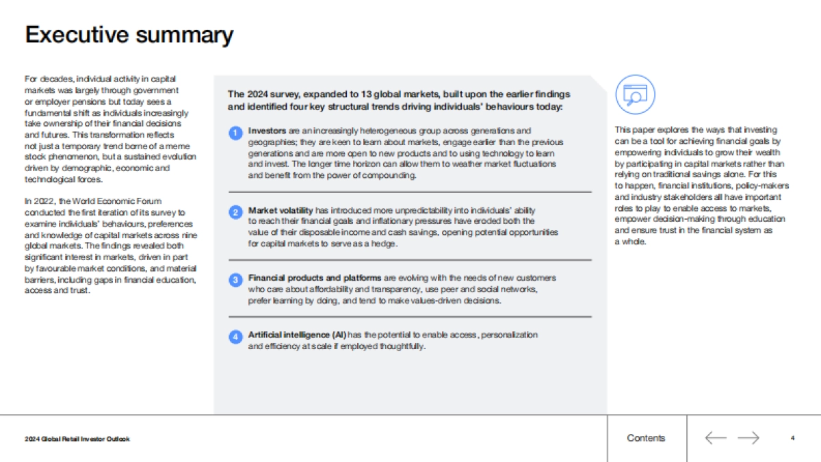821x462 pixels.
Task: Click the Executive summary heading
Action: (x=129, y=35)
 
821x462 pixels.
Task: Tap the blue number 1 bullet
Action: (x=235, y=132)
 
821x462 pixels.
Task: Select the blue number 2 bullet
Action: (x=235, y=212)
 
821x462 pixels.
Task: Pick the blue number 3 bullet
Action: (x=235, y=280)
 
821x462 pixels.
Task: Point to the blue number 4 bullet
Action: (x=235, y=336)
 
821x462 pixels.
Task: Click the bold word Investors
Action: (x=268, y=131)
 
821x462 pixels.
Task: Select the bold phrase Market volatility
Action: (x=281, y=211)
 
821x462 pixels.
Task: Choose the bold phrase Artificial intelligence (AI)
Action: (x=297, y=335)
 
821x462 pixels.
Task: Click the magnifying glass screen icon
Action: (x=635, y=94)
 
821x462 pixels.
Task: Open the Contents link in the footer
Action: (x=645, y=438)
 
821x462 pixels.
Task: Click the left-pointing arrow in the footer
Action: (x=715, y=438)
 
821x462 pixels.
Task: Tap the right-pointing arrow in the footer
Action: (x=748, y=438)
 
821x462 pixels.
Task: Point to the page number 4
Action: (x=792, y=438)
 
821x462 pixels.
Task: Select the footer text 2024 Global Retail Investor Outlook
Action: (x=77, y=439)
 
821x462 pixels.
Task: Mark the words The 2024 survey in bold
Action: (x=261, y=94)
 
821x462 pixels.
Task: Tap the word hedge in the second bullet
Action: (x=385, y=244)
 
